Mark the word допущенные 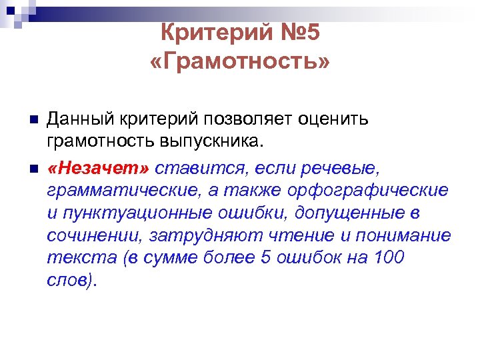[x=349, y=213]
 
